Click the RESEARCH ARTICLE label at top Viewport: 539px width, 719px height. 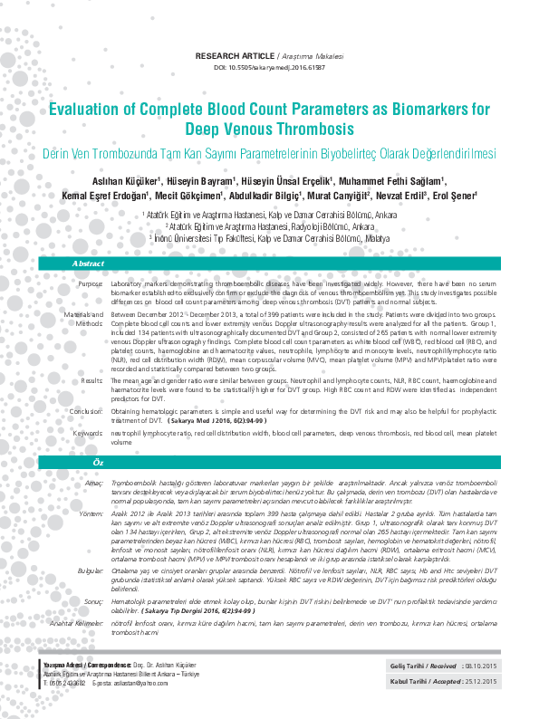(x=234, y=56)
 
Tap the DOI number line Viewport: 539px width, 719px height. (x=269, y=68)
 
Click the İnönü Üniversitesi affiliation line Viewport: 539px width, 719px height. (x=269, y=236)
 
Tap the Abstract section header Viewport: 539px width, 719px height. (x=89, y=264)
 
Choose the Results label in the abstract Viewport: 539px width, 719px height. (x=91, y=380)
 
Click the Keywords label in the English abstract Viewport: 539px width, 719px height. (x=88, y=433)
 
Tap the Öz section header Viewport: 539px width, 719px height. (x=89, y=462)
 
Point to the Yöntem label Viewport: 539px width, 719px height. (x=91, y=512)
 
